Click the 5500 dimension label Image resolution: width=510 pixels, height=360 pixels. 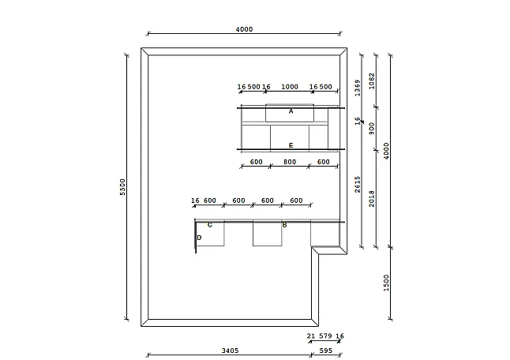coord(122,187)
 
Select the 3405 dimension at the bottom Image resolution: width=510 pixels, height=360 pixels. coord(230,351)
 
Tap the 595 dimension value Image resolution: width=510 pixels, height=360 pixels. coord(325,351)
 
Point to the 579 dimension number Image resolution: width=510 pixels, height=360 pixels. coord(325,336)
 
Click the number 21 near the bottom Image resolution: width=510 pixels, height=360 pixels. coord(310,336)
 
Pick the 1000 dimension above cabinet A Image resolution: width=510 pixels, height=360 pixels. coord(290,87)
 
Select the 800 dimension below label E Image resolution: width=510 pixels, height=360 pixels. coord(290,162)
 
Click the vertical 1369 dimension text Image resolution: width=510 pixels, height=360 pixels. coord(358,88)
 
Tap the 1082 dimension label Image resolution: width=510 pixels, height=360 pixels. coord(371,81)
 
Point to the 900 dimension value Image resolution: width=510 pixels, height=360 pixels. coord(371,129)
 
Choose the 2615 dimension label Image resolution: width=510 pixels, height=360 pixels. coord(358,185)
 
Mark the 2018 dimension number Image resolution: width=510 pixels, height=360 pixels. coord(371,199)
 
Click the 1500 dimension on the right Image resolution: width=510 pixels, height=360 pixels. coord(386,283)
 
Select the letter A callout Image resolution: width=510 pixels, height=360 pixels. coord(291,111)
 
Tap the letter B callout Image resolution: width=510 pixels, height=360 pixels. coord(284,225)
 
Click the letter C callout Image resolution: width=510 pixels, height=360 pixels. coord(210,225)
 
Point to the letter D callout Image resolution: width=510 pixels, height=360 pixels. coord(199,238)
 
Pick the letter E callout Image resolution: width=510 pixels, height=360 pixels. coord(291,145)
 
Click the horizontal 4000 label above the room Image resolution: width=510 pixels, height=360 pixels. coord(244,29)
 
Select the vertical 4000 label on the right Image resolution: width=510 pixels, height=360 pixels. coord(386,151)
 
